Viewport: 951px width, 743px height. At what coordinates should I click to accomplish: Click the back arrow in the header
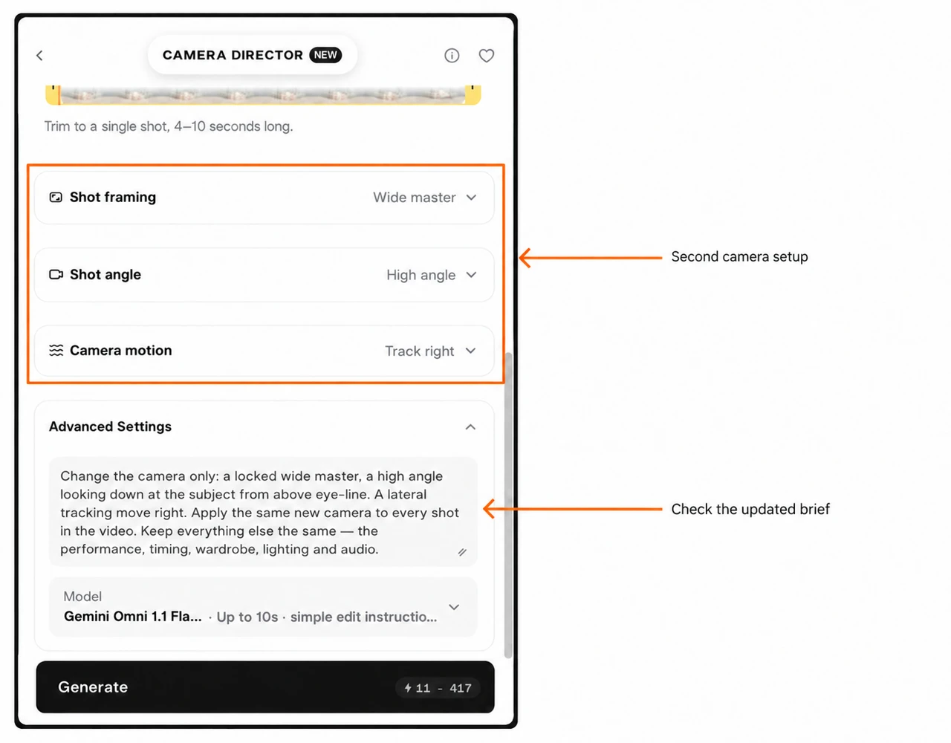pyautogui.click(x=39, y=56)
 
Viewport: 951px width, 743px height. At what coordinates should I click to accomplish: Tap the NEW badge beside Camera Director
pyautogui.click(x=325, y=55)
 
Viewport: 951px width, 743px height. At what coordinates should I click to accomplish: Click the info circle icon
pyautogui.click(x=452, y=56)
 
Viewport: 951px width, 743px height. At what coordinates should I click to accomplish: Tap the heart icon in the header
pyautogui.click(x=486, y=56)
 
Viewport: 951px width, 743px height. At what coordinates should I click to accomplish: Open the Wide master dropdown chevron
pyautogui.click(x=471, y=198)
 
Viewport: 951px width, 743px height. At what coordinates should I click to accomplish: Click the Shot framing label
pyautogui.click(x=113, y=198)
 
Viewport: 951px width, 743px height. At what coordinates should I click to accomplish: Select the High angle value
pyautogui.click(x=421, y=275)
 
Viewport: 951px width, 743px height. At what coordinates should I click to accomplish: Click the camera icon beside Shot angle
pyautogui.click(x=56, y=274)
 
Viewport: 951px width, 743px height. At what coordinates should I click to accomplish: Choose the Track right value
pyautogui.click(x=419, y=351)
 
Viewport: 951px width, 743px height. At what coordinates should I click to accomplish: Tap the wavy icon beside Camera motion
pyautogui.click(x=56, y=351)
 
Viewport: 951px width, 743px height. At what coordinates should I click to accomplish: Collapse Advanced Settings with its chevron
pyautogui.click(x=470, y=427)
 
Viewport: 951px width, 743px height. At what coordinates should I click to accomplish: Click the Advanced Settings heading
pyautogui.click(x=110, y=426)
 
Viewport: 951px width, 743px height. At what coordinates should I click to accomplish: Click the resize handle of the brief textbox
pyautogui.click(x=462, y=552)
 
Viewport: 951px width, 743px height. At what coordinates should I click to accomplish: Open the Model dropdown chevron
pyautogui.click(x=454, y=607)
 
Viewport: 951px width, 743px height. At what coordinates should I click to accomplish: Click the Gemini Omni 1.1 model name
pyautogui.click(x=132, y=617)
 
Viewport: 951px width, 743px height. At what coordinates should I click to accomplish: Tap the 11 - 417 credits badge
pyautogui.click(x=438, y=688)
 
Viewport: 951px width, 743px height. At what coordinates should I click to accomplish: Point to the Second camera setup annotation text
pyautogui.click(x=739, y=257)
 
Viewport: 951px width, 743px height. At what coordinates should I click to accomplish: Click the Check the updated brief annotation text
pyautogui.click(x=750, y=510)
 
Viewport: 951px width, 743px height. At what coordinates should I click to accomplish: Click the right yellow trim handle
pyautogui.click(x=473, y=94)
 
